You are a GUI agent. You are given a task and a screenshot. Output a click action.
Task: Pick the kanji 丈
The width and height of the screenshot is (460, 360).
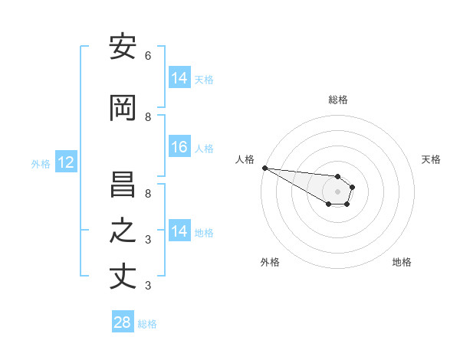click(123, 277)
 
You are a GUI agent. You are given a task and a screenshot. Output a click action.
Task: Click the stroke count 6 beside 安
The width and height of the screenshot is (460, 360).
click(148, 56)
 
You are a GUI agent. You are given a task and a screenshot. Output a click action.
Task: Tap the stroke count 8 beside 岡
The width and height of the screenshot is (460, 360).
click(148, 117)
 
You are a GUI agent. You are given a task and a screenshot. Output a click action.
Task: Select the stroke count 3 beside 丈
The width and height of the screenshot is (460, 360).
click(148, 286)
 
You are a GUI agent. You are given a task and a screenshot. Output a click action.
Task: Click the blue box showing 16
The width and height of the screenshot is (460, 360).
click(179, 148)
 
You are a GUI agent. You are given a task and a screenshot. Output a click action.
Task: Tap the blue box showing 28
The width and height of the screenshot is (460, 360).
click(123, 322)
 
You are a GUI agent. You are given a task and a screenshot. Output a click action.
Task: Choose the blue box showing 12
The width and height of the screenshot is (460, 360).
click(65, 162)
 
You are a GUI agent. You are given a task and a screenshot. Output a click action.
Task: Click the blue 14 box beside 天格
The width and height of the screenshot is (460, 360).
click(179, 78)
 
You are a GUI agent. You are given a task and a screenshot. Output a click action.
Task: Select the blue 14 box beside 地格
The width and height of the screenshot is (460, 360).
click(179, 231)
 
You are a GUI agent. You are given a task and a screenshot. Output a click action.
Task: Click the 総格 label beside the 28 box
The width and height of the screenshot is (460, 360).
click(147, 324)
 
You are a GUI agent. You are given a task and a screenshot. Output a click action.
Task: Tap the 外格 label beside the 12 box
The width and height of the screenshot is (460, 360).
click(41, 163)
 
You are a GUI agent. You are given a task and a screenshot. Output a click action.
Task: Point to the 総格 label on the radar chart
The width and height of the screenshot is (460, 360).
click(337, 100)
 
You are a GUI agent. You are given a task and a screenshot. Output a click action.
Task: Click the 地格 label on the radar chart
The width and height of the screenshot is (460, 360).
click(402, 262)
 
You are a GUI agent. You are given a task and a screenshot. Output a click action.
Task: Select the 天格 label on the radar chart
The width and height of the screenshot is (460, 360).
click(431, 159)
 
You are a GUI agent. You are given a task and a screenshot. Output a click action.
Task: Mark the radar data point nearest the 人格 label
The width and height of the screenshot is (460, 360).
click(264, 168)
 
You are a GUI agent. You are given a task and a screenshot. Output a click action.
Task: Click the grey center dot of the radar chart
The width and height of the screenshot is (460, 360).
click(337, 191)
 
